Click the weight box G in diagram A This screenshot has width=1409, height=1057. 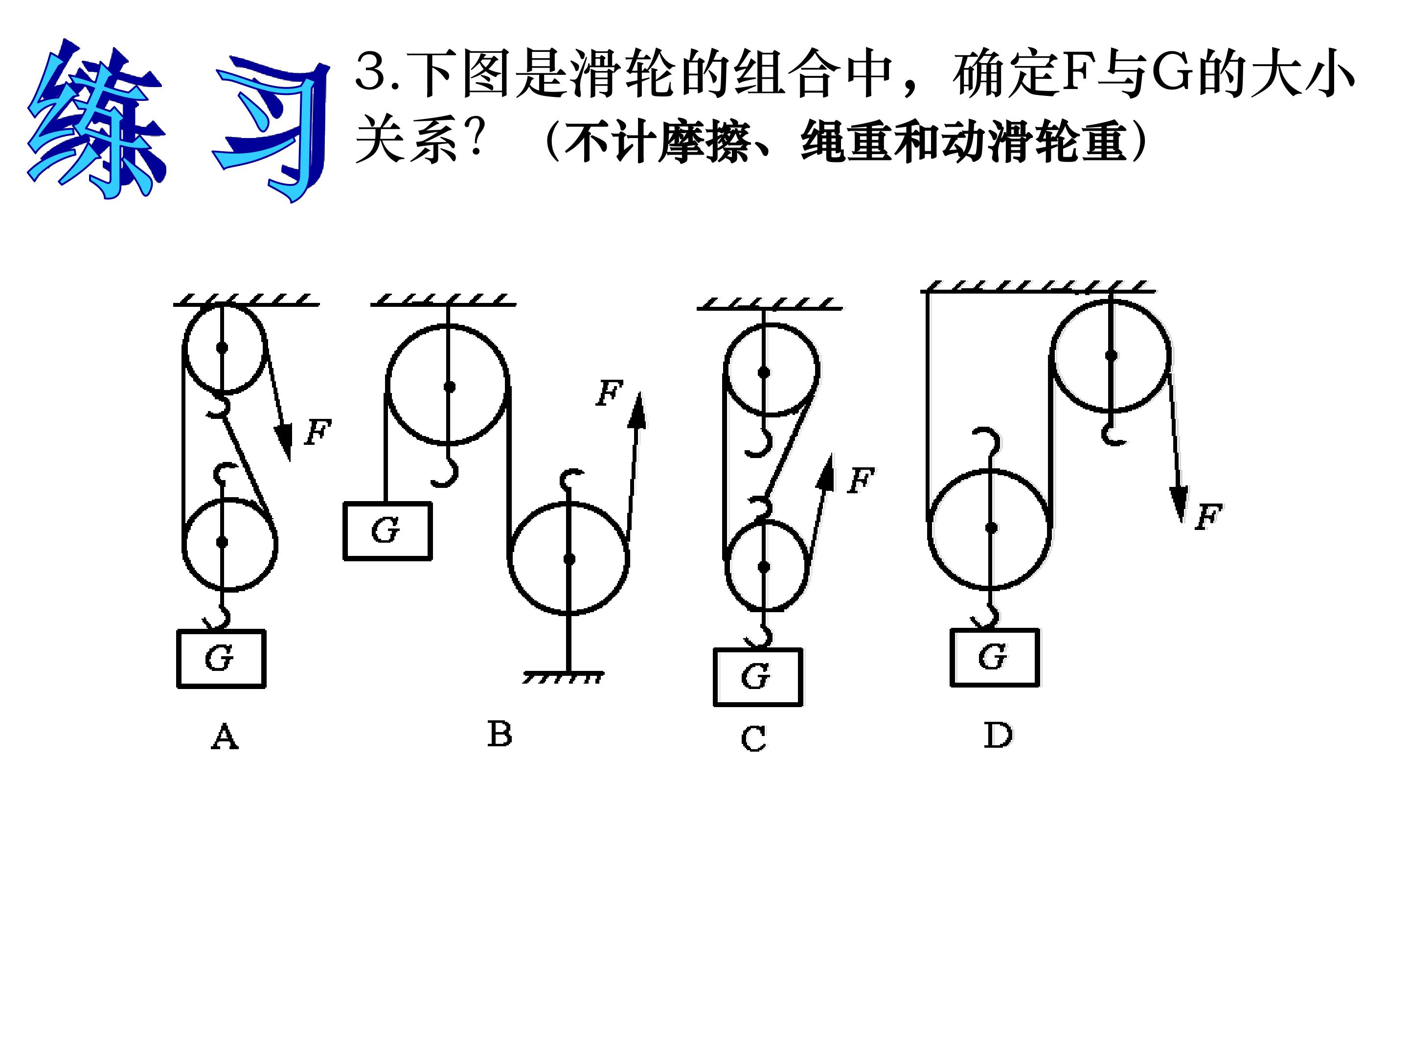221,659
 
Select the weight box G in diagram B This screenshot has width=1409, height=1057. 387,531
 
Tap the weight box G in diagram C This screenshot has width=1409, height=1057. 757,677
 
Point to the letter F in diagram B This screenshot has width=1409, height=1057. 609,392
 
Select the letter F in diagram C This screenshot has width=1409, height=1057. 861,481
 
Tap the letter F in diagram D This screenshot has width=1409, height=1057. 1208,517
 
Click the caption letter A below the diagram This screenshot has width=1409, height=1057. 224,737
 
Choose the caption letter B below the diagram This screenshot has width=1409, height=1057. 500,734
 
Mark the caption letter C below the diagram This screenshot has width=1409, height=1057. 753,739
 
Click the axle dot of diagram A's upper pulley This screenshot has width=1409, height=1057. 222,348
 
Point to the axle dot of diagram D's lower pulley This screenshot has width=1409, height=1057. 991,528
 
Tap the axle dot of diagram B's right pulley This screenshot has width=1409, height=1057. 569,559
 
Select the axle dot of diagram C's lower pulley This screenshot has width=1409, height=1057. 764,566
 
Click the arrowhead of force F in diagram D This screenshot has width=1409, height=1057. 1179,504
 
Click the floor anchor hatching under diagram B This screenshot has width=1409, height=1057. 563,677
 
